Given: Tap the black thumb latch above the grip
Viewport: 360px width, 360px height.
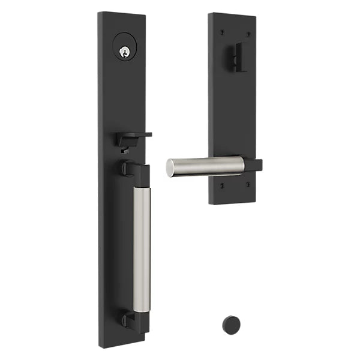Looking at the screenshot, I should coord(133,137).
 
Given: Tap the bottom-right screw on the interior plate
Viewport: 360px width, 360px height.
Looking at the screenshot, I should coord(249,186).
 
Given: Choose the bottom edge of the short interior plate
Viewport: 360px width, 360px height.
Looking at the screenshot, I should coord(233,202).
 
